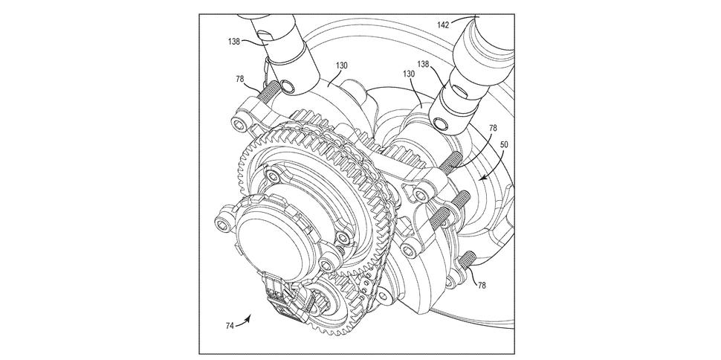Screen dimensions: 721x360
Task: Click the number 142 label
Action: [x=443, y=25]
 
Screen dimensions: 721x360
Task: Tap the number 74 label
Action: [x=230, y=326]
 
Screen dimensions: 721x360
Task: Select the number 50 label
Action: [x=504, y=144]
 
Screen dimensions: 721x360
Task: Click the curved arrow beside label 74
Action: [x=244, y=321]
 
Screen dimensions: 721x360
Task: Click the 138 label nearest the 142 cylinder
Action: [x=424, y=64]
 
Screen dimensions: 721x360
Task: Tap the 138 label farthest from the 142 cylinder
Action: [x=233, y=42]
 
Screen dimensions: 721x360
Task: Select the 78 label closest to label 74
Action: [x=482, y=286]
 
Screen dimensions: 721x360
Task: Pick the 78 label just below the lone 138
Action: [x=239, y=79]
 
